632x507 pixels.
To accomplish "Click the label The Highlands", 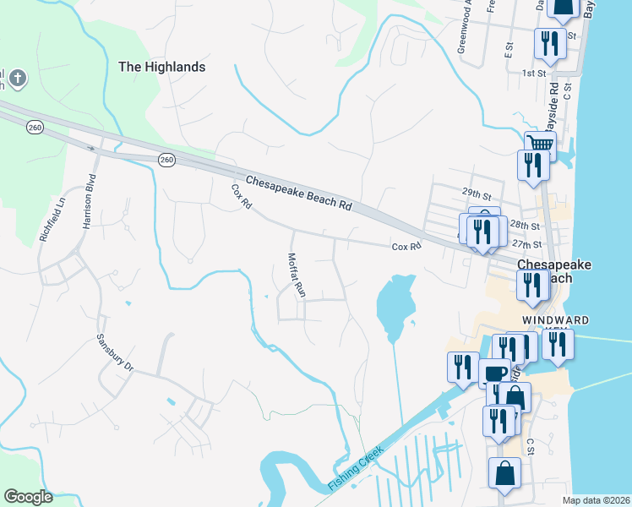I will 161,66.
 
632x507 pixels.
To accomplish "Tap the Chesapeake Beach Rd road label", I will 298,194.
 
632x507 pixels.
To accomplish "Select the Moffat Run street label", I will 295,275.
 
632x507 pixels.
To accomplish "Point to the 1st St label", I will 534,74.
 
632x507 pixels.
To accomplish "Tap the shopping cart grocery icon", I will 540,144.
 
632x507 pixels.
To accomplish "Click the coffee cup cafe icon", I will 494,372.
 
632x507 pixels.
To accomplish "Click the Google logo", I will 28,496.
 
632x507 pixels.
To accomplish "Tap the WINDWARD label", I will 554,320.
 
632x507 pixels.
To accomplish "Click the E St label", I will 509,51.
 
